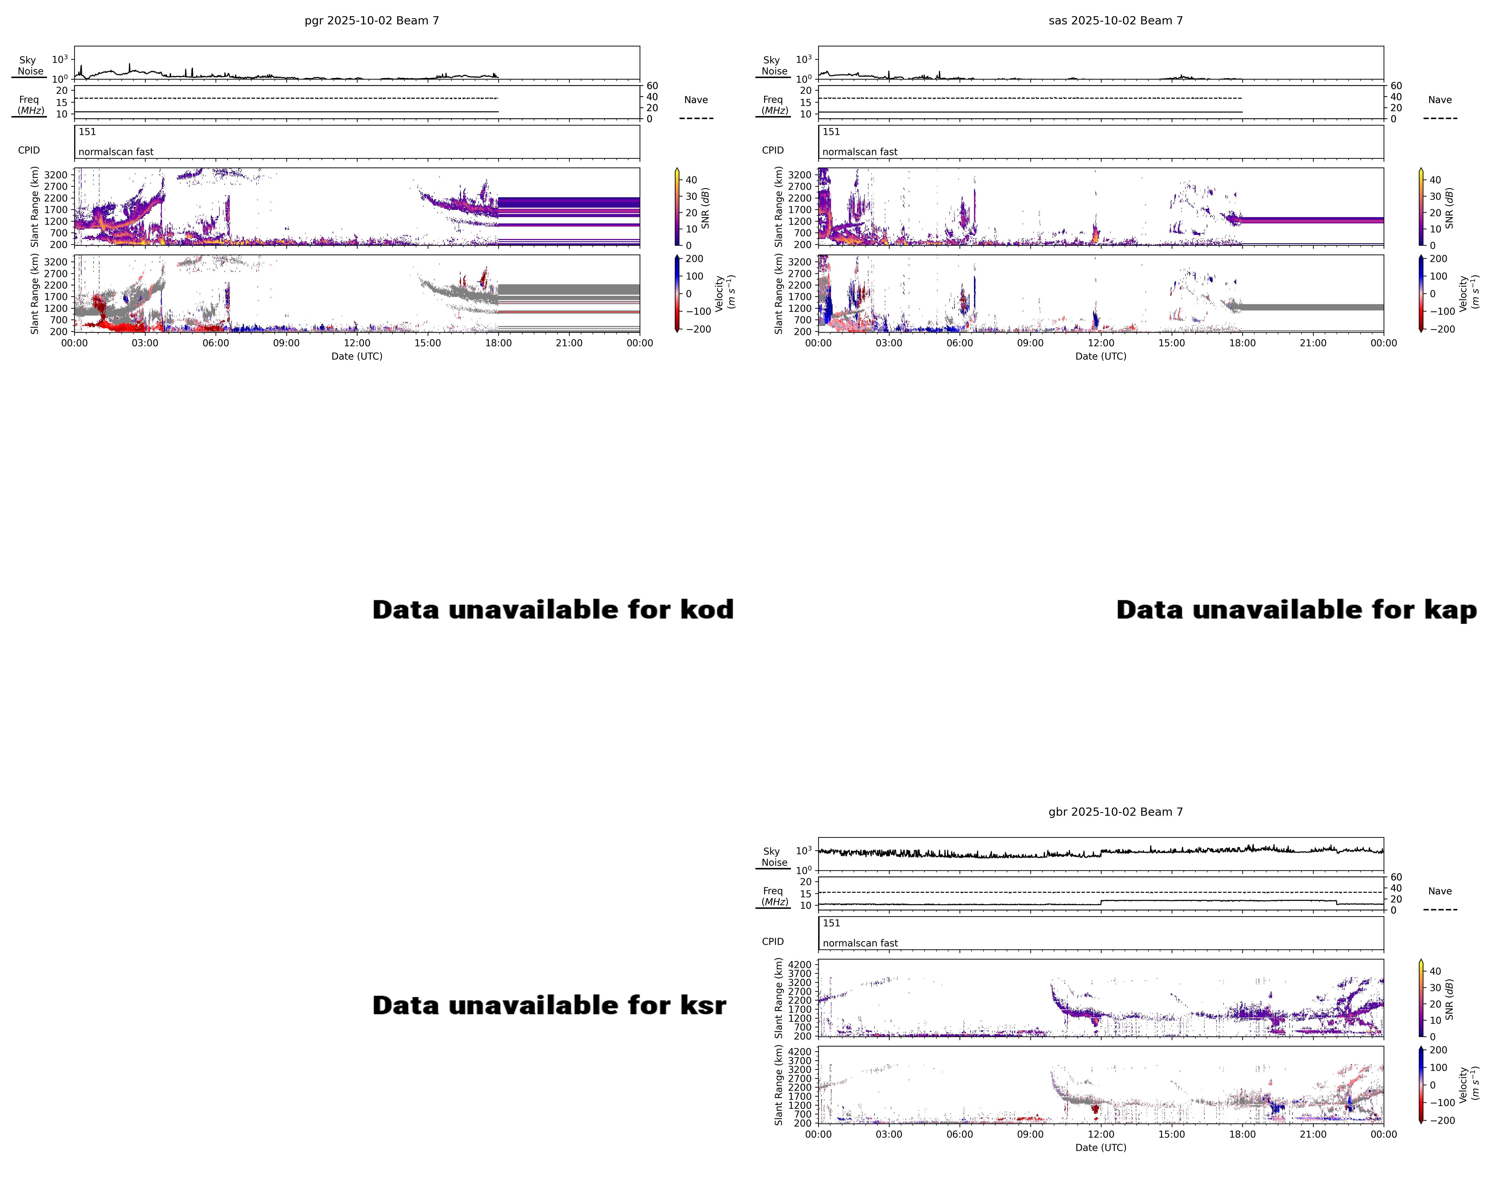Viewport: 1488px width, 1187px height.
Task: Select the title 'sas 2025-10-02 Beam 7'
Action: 1115,21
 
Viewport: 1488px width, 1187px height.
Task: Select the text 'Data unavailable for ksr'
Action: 549,1006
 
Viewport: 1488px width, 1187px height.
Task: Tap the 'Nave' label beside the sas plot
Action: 1440,100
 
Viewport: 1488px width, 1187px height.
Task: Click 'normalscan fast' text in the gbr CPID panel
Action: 860,943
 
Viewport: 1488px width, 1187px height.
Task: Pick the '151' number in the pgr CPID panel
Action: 87,132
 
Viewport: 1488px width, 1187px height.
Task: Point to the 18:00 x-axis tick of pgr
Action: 498,343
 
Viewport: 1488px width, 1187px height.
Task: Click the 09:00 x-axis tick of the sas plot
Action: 1030,343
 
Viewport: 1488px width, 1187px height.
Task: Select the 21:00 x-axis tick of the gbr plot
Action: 1313,1134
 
